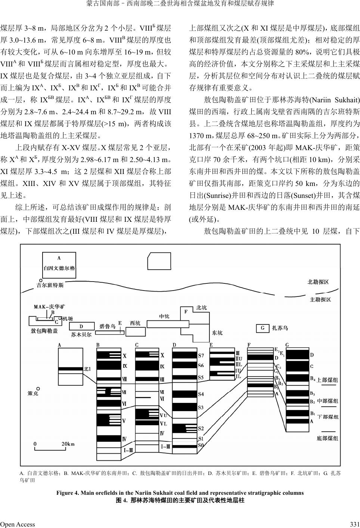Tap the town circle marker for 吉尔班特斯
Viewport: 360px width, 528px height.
coord(39,280)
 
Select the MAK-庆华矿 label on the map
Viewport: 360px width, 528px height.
coord(49,307)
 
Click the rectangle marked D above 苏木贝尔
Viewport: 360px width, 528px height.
coord(81,326)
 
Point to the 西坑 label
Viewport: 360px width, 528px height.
coord(135,323)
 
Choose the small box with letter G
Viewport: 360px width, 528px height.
coord(263,328)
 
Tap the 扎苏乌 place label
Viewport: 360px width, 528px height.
coord(280,328)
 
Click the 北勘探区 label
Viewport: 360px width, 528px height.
coord(318,282)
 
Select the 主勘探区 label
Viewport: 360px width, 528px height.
coord(320,299)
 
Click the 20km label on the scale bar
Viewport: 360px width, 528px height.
coord(68,444)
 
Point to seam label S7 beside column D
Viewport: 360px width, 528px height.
coord(201,355)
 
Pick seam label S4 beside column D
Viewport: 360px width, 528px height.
coord(201,394)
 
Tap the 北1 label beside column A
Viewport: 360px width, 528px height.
coord(87,369)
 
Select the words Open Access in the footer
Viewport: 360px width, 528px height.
coord(18,524)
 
